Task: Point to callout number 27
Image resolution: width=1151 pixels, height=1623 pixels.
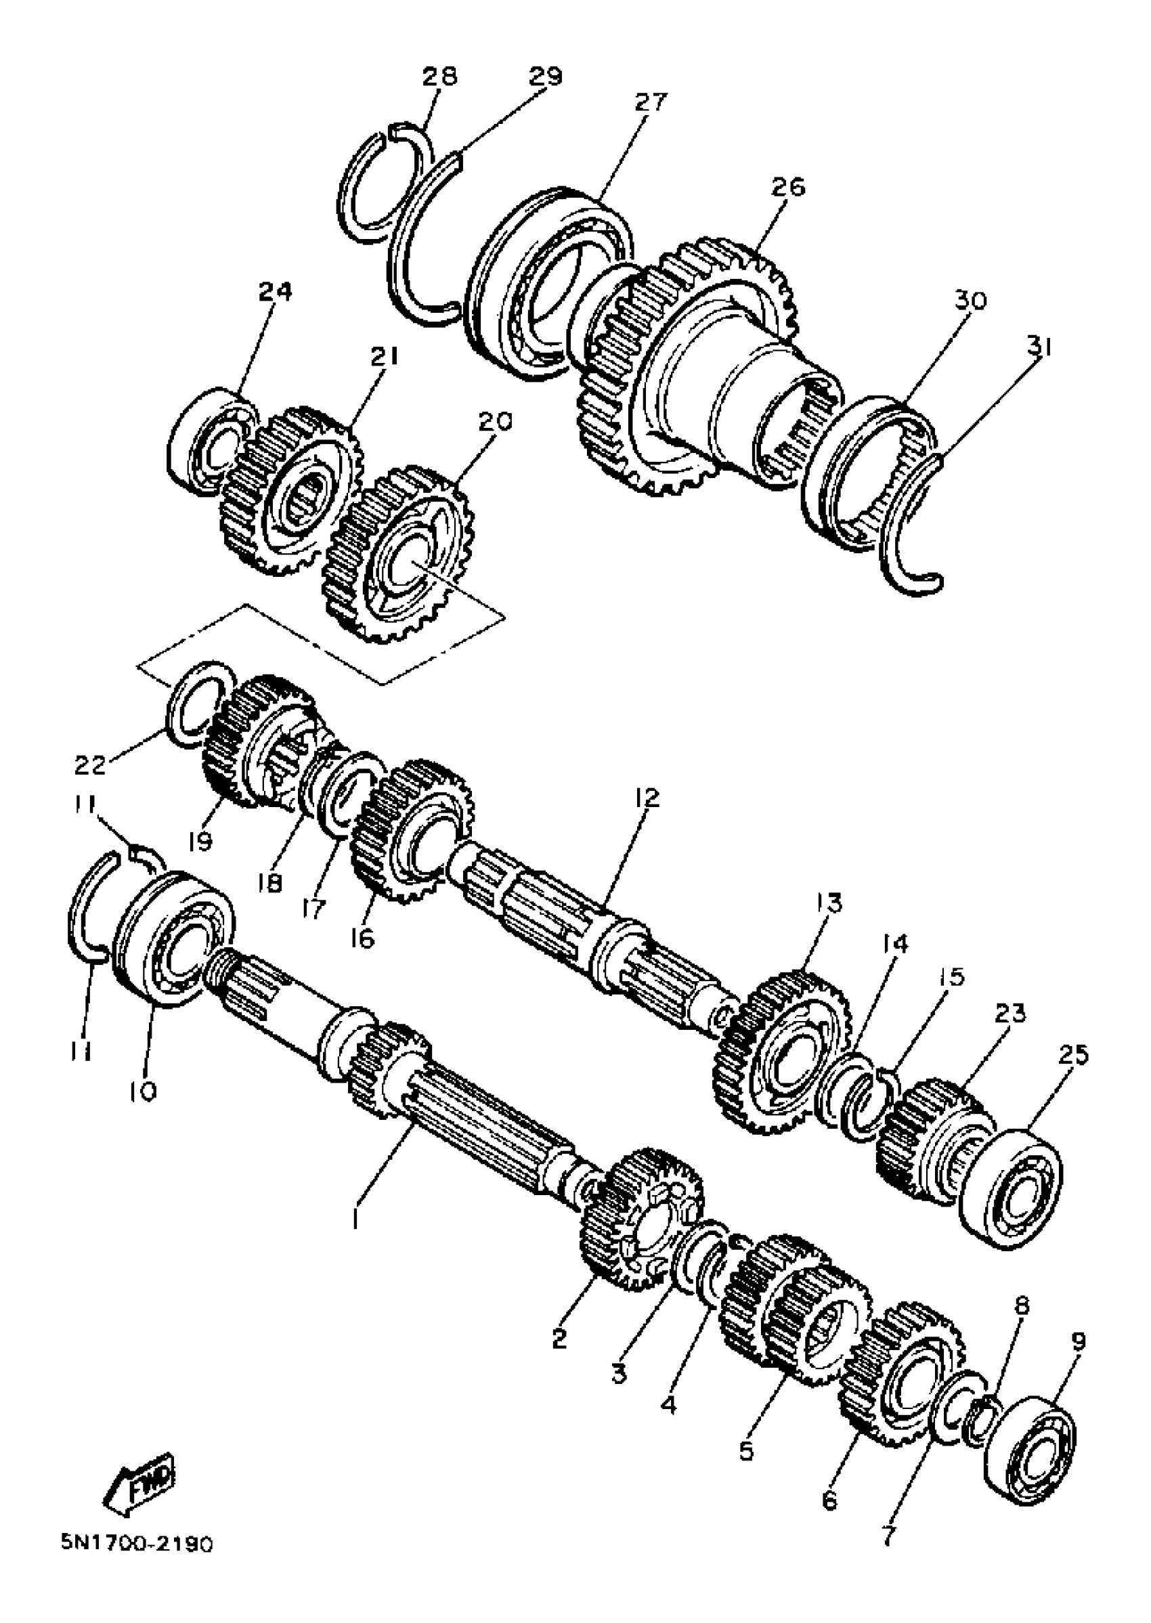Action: pos(650,104)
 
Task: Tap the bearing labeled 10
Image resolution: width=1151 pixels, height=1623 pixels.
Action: pos(173,937)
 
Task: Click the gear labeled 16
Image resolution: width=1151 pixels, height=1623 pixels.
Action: pos(411,829)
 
